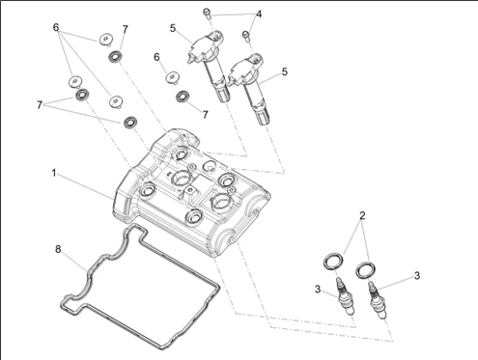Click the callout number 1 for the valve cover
[x=54, y=173]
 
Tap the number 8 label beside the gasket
[x=58, y=249]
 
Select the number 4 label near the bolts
[x=259, y=14]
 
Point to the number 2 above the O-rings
[x=362, y=216]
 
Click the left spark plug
[x=346, y=296]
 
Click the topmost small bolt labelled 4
[x=207, y=13]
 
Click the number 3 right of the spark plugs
[x=417, y=276]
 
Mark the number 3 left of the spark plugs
[x=318, y=290]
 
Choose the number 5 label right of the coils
[x=285, y=71]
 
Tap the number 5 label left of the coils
[x=173, y=28]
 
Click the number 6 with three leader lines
[x=56, y=28]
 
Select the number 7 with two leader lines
[x=40, y=105]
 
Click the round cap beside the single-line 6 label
[x=173, y=77]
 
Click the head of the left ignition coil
[x=205, y=47]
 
